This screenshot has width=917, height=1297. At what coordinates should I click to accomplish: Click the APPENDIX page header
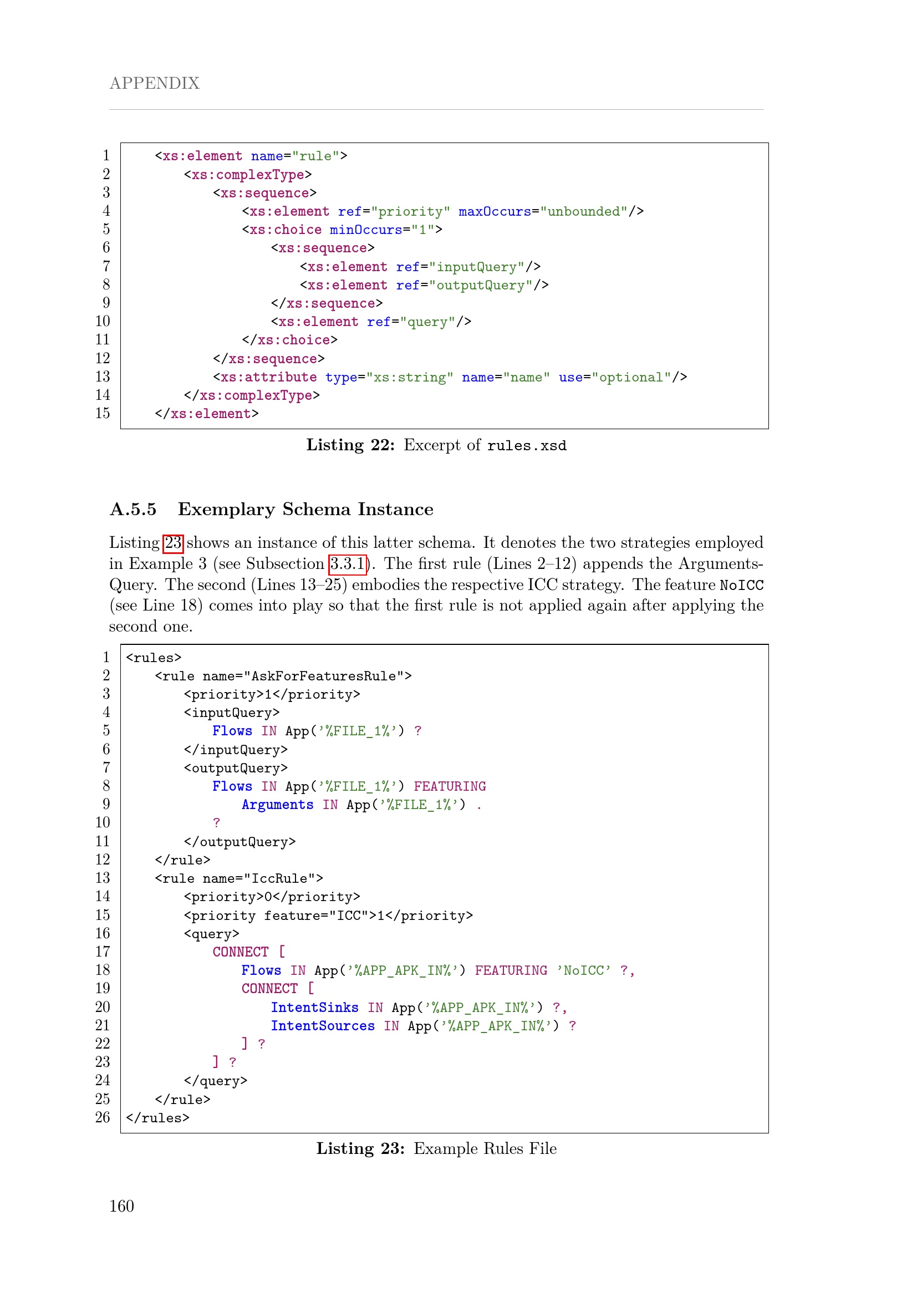pos(154,83)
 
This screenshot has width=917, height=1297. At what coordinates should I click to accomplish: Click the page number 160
pos(121,1206)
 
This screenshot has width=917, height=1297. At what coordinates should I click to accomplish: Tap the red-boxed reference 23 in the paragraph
pos(173,543)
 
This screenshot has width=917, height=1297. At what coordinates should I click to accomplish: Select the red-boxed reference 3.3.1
pos(348,564)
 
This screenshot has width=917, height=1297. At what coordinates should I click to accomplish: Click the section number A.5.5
pos(133,510)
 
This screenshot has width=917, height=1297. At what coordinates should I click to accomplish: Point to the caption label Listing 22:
pos(350,445)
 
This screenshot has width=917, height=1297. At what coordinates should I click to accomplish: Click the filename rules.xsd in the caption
pos(526,446)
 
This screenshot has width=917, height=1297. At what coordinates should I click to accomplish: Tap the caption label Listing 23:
pos(360,1148)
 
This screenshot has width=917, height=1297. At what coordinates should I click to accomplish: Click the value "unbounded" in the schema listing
pos(584,211)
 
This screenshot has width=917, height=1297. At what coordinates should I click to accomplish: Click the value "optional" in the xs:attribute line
pos(631,378)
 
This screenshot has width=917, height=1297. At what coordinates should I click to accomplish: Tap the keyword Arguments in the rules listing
pos(277,805)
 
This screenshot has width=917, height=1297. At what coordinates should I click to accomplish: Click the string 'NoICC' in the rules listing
pos(583,970)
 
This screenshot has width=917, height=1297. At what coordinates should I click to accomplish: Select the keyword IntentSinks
pos(314,1008)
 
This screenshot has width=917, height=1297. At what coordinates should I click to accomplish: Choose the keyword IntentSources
pos(323,1026)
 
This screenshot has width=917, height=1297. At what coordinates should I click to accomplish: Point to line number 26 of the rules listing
pos(103,1117)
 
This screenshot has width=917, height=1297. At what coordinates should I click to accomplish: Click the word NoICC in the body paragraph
pos(741,585)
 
